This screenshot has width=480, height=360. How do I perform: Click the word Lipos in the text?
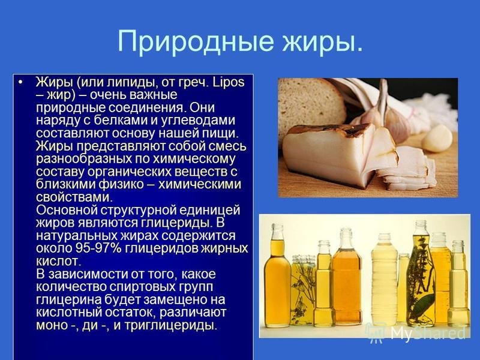pyautogui.click(x=229, y=82)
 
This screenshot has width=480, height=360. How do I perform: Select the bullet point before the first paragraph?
pyautogui.click(x=20, y=82)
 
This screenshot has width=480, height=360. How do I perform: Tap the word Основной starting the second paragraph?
pyautogui.click(x=67, y=211)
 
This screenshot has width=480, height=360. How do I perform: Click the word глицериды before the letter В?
pyautogui.click(x=176, y=223)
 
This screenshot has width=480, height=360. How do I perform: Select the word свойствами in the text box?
pyautogui.click(x=74, y=197)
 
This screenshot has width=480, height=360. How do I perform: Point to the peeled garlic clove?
pyautogui.click(x=437, y=139)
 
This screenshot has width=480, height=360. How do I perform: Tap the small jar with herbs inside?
pyautogui.click(x=303, y=289)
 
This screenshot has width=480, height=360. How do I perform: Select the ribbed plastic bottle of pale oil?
pyautogui.click(x=384, y=279)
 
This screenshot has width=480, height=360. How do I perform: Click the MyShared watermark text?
pyautogui.click(x=428, y=332)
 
